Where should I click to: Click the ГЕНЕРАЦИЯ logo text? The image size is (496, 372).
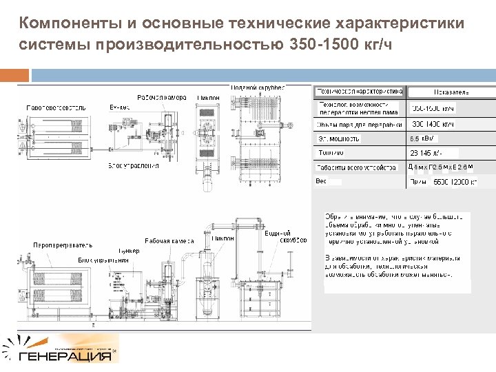[66, 357]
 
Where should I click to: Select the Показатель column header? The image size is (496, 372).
[451, 92]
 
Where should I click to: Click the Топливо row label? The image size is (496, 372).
[331, 152]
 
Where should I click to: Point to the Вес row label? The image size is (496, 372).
[321, 181]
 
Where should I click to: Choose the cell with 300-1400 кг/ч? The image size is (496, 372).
[433, 124]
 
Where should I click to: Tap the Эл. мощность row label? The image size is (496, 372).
[339, 138]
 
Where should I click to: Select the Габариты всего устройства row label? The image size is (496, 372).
[357, 167]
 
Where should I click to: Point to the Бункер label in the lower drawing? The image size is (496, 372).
[128, 251]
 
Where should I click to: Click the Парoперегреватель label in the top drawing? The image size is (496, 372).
[56, 107]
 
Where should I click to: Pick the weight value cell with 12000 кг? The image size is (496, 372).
[454, 182]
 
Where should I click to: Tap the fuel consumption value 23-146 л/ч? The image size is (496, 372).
[425, 152]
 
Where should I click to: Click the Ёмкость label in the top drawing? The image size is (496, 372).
[121, 107]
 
